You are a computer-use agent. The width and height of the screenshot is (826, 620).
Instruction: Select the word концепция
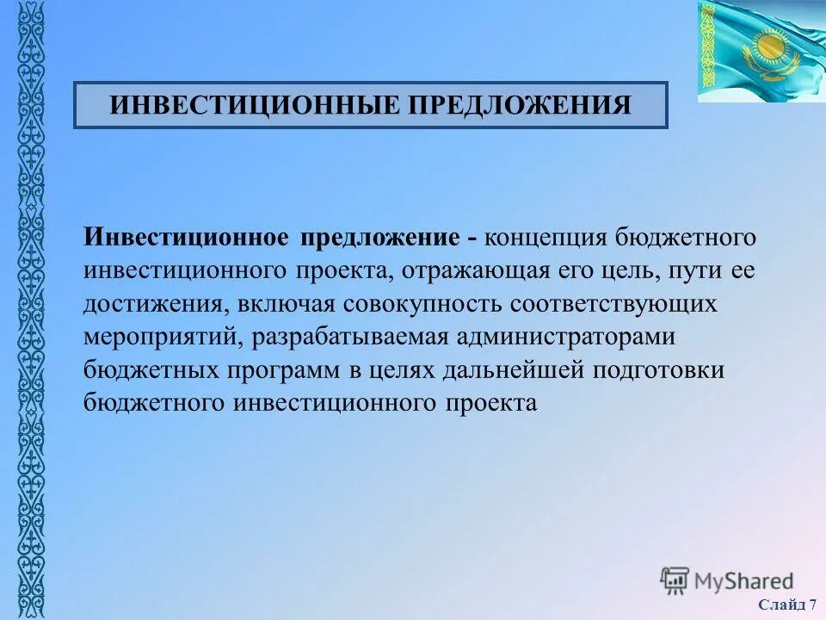552,236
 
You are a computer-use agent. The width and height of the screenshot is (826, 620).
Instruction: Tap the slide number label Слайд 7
787,604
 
